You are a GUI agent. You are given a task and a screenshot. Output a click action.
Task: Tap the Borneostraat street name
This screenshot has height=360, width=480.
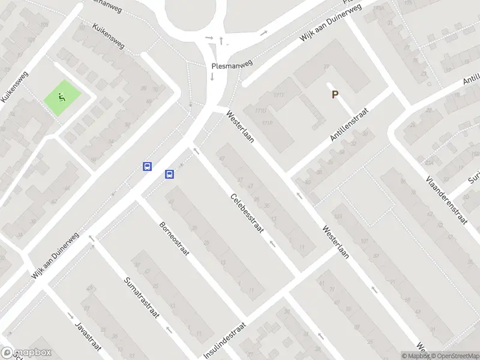click(174, 239)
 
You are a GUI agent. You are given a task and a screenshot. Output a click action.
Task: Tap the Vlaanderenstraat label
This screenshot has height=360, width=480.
click(446, 200)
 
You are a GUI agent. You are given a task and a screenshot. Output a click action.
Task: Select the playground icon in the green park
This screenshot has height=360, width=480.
click(61, 97)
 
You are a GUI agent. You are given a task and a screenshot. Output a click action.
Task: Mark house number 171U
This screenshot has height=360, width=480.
click(260, 110)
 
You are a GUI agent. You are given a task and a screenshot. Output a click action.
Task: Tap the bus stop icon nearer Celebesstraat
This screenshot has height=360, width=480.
click(170, 175)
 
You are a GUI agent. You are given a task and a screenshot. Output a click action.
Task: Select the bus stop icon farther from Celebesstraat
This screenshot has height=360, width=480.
click(147, 167)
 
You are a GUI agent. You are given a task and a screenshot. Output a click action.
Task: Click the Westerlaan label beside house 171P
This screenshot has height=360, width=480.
click(241, 127)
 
